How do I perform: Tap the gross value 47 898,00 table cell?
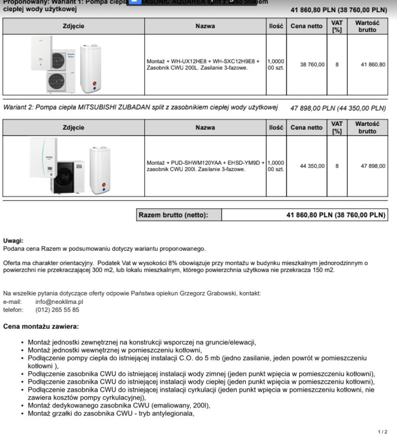point(373,166)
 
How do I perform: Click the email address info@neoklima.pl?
point(59,302)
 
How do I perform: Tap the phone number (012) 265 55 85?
point(57,310)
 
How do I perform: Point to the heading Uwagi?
point(13,241)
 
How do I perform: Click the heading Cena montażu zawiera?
point(41,327)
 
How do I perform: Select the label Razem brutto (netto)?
point(173,215)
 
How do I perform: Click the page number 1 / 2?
point(383,432)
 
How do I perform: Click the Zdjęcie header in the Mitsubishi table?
point(73,128)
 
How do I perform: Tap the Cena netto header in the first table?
point(306,26)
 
